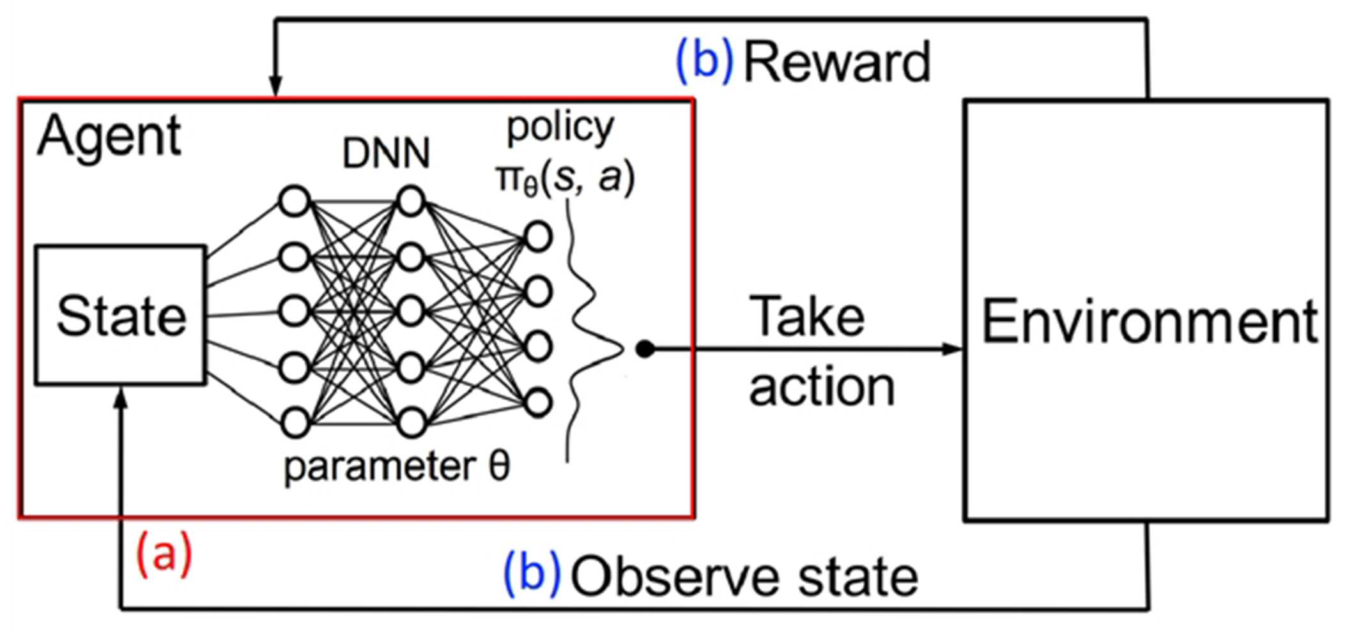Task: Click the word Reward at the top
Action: (837, 62)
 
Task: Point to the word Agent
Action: (109, 137)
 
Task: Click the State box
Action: (121, 315)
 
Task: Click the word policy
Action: (560, 128)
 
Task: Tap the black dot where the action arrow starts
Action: (645, 349)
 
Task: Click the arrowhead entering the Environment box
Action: (953, 349)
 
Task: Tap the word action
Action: (822, 387)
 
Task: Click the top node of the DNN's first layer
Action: (295, 201)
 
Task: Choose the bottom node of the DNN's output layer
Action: (538, 403)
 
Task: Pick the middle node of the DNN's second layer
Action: (411, 312)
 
